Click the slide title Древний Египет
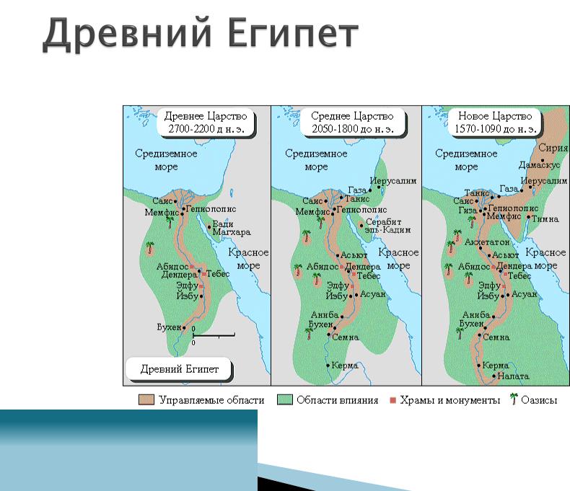pos(201,33)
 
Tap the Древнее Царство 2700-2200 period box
pos(206,123)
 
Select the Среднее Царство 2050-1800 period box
pos(353,123)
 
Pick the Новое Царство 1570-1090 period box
pos(495,123)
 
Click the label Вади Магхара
pos(231,228)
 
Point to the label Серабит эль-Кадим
pos(388,226)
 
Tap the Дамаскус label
pos(539,165)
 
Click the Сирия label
pos(553,148)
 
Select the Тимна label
pos(545,219)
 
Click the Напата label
pos(513,376)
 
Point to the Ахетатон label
pos(487,242)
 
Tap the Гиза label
pos(468,211)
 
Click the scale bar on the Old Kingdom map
pos(214,335)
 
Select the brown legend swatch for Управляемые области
pos(146,400)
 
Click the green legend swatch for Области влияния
pos(284,400)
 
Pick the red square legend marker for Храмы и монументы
pos(393,400)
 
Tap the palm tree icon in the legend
pos(513,399)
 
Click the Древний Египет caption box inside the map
pos(179,369)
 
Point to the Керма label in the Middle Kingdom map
pos(345,366)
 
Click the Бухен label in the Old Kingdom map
pos(169,327)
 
